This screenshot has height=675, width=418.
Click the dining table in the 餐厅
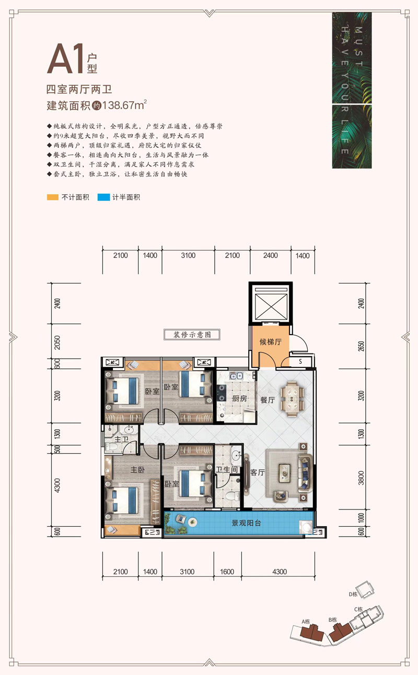292,399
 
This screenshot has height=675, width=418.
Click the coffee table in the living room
285,471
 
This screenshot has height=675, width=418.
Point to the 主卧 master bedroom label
137,469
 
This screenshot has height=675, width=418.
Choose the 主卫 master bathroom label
121,440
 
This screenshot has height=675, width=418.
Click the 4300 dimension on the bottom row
280,572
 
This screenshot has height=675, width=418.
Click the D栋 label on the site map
354,594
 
